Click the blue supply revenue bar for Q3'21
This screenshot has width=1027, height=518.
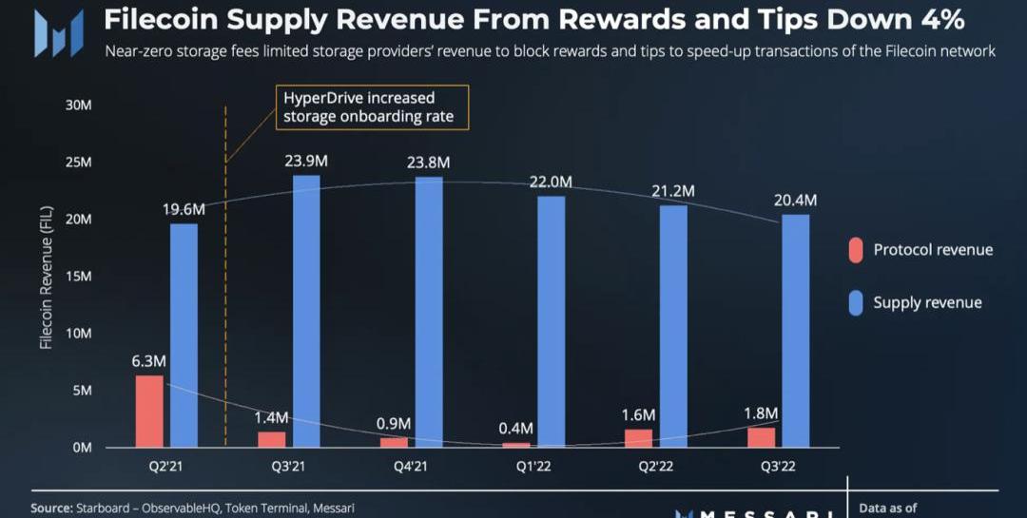point(306,311)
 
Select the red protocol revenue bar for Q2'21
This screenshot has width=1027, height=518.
point(149,411)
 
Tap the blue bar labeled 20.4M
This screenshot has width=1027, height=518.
point(796,330)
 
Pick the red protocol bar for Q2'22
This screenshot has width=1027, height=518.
point(640,437)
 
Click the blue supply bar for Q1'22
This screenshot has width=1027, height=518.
point(552,321)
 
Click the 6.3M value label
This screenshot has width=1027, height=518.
point(148,361)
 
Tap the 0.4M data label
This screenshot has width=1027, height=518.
point(514,429)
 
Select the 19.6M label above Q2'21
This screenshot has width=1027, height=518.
point(183,208)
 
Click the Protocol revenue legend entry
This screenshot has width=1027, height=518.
point(932,250)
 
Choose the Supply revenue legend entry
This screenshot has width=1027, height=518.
point(927,302)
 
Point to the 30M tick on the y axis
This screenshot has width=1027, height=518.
point(78,105)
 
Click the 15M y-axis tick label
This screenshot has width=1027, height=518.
point(78,276)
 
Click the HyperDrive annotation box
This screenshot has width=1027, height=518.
point(374,107)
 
